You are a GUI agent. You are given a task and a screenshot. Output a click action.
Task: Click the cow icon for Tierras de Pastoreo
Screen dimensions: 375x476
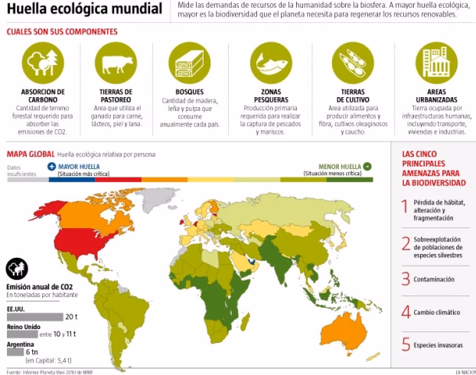pos(114,64)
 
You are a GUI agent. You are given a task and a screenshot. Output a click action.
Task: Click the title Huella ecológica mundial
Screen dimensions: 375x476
pos(83,10)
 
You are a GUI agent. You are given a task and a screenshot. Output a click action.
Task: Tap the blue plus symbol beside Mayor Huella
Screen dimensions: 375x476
pos(51,165)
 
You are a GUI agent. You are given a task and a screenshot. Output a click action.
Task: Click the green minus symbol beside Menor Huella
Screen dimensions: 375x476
pos(367,165)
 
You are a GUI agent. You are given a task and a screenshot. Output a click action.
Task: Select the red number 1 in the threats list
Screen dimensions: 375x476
pos(406,206)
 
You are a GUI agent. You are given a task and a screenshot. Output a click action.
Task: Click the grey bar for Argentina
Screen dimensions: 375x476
pos(15,353)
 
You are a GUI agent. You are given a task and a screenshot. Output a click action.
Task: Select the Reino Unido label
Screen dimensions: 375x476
pos(23,327)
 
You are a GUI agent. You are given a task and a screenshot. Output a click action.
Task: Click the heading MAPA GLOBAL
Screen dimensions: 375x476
pos(30,154)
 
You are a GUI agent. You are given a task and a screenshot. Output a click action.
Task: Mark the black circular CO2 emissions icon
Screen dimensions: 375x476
pos(18,270)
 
